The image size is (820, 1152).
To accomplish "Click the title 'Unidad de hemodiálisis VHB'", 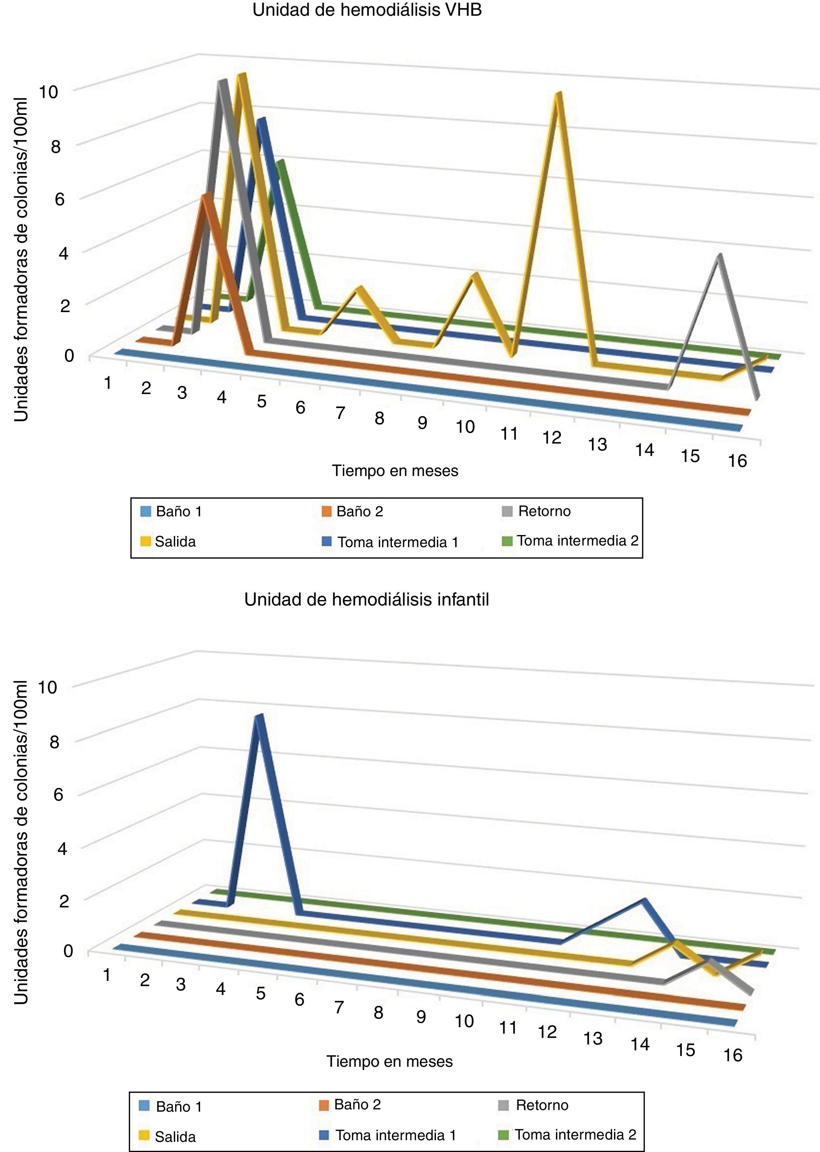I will [x=367, y=10].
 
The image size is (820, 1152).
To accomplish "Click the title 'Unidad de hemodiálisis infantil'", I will [x=367, y=600].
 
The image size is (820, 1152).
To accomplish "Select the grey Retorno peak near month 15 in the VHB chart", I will [x=719, y=257].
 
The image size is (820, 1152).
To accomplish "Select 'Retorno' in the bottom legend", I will [x=536, y=1105].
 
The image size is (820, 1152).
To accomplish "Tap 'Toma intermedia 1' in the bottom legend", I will [x=389, y=1135].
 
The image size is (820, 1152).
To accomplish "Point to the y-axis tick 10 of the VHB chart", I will [x=49, y=92].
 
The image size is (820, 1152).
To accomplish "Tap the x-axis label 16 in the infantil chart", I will [x=733, y=1055].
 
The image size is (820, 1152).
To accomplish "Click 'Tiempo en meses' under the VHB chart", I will [x=395, y=471].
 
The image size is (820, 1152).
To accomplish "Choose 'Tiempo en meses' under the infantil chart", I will [x=389, y=1061].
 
